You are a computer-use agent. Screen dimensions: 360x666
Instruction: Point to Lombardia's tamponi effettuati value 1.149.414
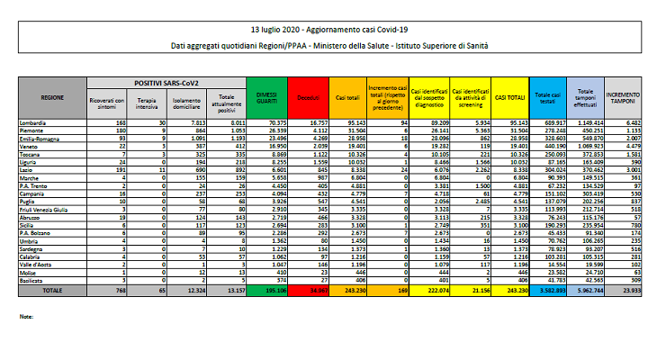click(589, 120)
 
